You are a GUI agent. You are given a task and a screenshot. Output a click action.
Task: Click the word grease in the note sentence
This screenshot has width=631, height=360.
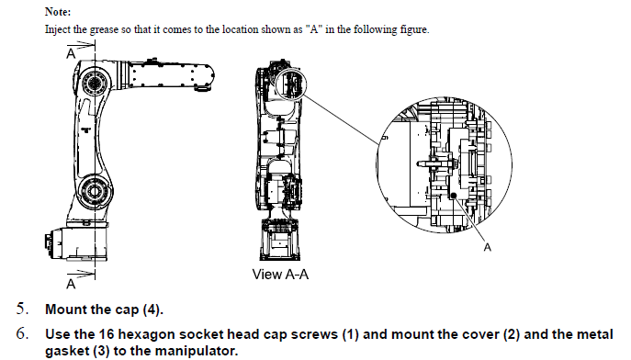click(x=104, y=29)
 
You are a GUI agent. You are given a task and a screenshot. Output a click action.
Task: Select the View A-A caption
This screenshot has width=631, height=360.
click(x=280, y=275)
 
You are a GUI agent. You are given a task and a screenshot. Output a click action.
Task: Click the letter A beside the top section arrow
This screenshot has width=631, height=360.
click(x=71, y=53)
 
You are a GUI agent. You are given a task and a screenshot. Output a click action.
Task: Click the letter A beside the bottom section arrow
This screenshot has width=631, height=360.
click(x=71, y=284)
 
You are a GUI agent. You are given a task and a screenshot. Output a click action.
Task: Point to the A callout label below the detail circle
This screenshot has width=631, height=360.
click(x=488, y=247)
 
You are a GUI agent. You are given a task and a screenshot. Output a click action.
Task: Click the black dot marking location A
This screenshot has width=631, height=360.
click(x=454, y=196)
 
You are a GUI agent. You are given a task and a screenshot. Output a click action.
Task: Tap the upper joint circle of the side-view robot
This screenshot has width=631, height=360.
click(x=95, y=84)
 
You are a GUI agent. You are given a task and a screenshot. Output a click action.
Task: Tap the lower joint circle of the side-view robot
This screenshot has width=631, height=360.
click(x=95, y=191)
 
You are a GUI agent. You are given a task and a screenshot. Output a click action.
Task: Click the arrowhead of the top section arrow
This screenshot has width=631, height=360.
click(x=90, y=45)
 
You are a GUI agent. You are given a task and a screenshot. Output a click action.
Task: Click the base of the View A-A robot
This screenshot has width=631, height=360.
click(x=280, y=239)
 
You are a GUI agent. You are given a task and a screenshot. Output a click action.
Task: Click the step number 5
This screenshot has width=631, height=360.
click(x=22, y=309)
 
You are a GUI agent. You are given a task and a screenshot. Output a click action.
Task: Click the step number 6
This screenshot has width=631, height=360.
click(x=22, y=333)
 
